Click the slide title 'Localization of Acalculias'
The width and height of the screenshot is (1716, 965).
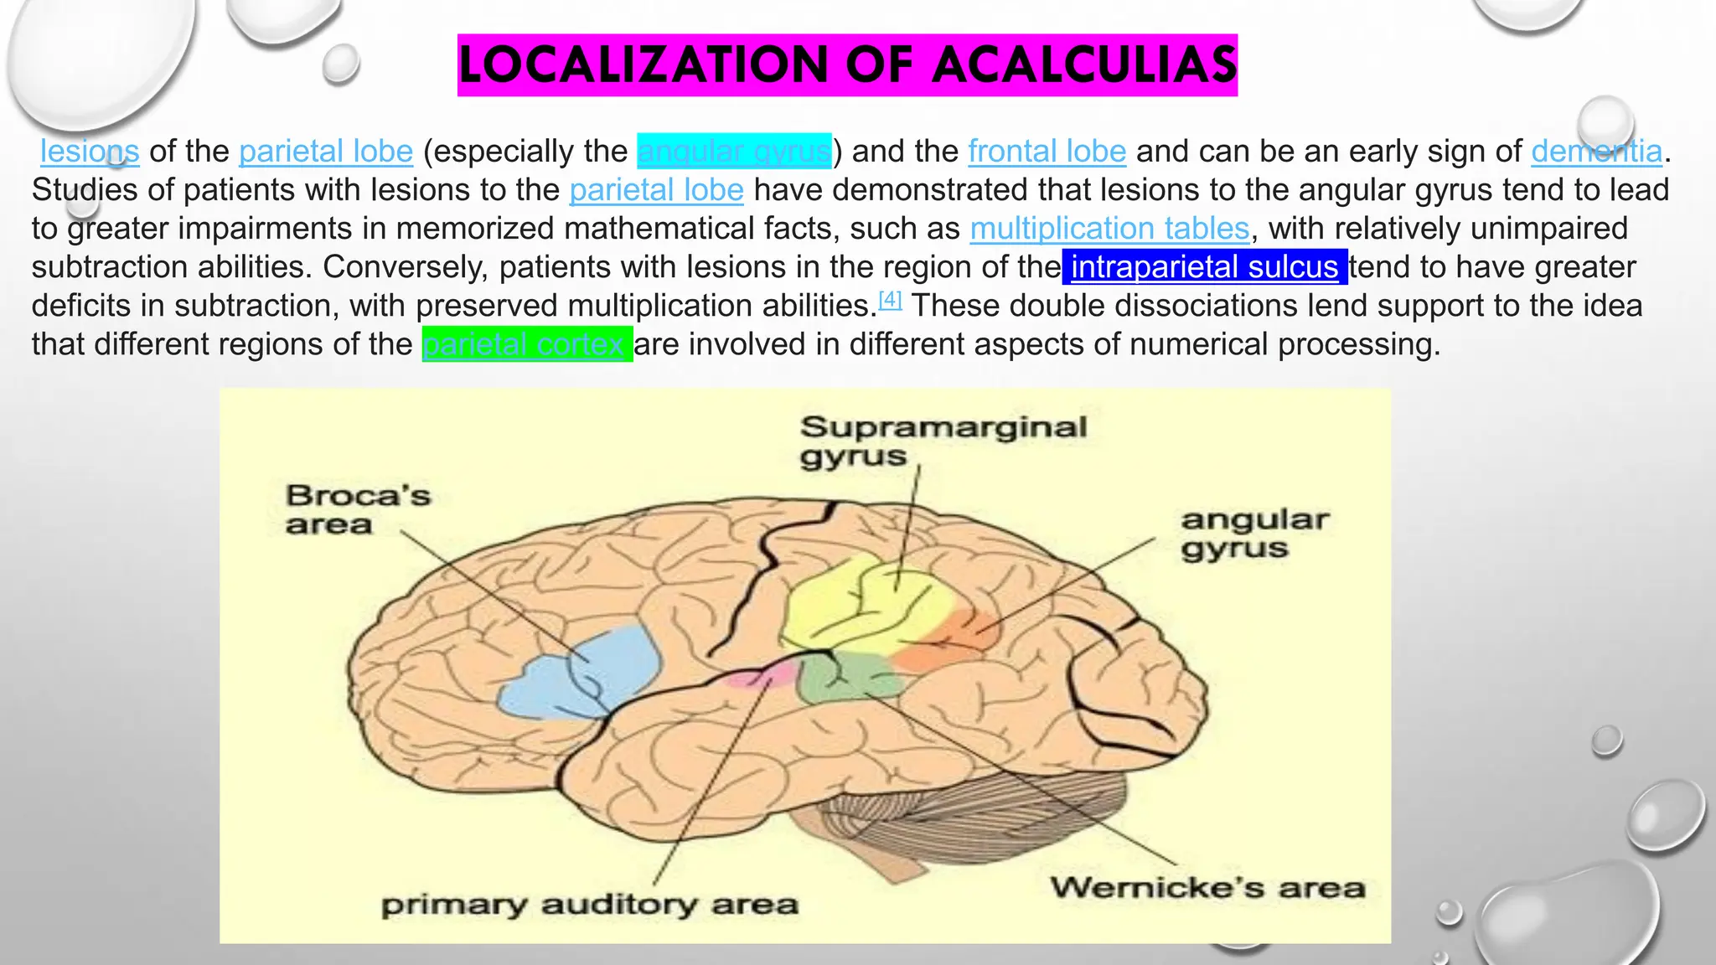pos(847,65)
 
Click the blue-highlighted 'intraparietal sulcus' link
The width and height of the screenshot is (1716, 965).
pos(1204,267)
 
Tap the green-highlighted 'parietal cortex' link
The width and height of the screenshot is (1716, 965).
pos(526,344)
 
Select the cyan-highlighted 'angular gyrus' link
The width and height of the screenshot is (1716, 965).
pos(734,152)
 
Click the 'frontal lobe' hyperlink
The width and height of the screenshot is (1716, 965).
pos(1047,152)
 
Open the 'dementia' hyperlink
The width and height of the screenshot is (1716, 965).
pos(1596,152)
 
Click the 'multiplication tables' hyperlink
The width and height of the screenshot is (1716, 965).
pos(1109,229)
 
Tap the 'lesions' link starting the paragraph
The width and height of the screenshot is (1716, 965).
pos(90,152)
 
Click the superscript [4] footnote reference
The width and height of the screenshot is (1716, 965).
pos(890,300)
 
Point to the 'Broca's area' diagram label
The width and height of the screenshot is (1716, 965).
pos(358,509)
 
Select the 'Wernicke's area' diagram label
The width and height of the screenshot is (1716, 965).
pos(1207,887)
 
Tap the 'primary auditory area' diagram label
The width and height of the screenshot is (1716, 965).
pos(589,905)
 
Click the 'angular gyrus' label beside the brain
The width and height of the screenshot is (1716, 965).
pos(1253,534)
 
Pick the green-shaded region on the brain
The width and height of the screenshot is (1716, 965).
pos(846,677)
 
